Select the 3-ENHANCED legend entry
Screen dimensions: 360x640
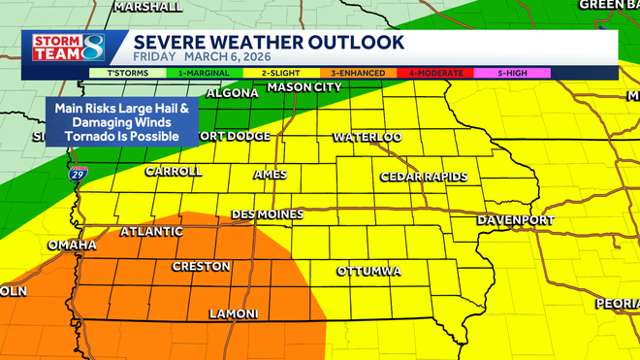(x=357, y=73)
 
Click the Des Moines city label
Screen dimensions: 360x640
(x=268, y=214)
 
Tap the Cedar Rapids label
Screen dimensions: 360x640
(x=424, y=177)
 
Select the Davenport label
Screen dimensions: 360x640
(x=515, y=220)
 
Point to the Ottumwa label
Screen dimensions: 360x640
(x=368, y=271)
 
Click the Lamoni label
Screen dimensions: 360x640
(x=234, y=314)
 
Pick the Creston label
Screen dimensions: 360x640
(x=201, y=266)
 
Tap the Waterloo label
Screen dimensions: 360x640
(x=368, y=138)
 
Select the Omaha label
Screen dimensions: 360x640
(x=71, y=245)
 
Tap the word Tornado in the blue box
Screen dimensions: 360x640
(x=90, y=137)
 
